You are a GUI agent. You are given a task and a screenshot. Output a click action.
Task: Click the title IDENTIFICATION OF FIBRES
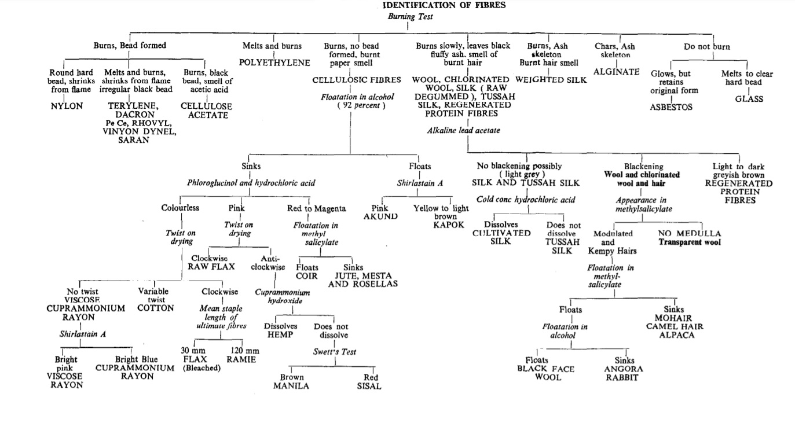coord(444,5)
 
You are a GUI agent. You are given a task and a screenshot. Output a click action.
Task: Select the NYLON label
coord(67,106)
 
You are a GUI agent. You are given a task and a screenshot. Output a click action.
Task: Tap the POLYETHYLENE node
coord(274,62)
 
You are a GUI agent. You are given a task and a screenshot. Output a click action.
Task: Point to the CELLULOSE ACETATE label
coord(206,111)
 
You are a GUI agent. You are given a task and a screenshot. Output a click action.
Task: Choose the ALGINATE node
coord(617,72)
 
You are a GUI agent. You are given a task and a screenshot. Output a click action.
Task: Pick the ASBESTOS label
coord(671,108)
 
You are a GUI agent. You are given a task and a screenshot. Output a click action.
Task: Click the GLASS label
coord(749,99)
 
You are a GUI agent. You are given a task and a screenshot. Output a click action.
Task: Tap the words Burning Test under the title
coord(410,16)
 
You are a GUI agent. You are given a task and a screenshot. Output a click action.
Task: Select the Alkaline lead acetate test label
coord(463,131)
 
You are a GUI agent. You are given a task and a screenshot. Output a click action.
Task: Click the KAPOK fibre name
coord(449,225)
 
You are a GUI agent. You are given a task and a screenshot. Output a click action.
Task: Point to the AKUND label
coord(380,216)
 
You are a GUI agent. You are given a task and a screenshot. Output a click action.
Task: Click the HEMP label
coord(280,335)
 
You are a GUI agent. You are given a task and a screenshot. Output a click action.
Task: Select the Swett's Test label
coord(334,352)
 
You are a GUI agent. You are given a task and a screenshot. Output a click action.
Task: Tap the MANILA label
coord(291,386)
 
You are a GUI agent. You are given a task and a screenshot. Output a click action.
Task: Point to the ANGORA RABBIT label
coord(624,373)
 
